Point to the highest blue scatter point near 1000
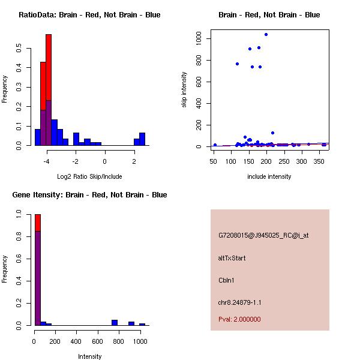266,35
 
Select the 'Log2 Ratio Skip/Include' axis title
89,176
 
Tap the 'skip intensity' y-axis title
184,90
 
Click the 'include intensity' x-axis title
269,176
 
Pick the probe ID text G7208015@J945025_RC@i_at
263,236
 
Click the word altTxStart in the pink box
232,258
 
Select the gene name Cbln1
227,280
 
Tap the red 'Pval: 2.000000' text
239,319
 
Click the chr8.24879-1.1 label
240,302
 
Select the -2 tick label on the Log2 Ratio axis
76,161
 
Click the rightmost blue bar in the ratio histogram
142,139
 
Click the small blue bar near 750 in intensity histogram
114,323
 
